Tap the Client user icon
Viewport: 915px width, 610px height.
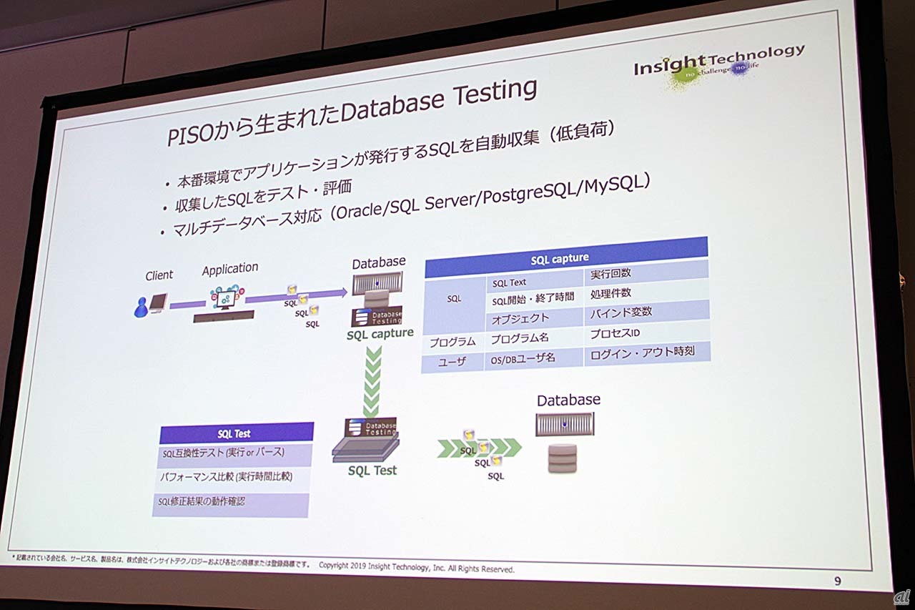tap(141, 306)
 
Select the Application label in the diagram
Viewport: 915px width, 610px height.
tap(229, 269)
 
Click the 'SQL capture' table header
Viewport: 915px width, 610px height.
tap(565, 257)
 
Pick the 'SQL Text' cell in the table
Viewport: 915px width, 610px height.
tap(509, 282)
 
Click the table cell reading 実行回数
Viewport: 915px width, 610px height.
tap(611, 273)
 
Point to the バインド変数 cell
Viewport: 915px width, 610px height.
tap(620, 313)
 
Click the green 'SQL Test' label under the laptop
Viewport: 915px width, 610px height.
tap(372, 471)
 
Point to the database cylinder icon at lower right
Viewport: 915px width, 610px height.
tap(562, 458)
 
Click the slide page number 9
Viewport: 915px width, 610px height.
tap(837, 581)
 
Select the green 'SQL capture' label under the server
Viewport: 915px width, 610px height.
tap(380, 333)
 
